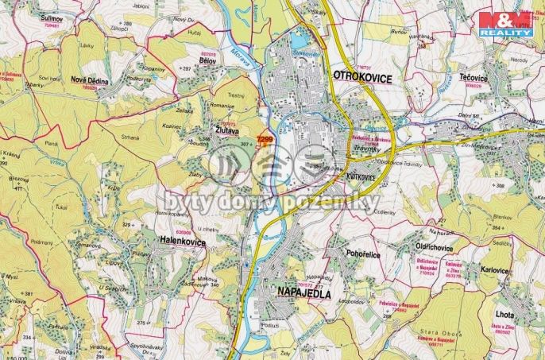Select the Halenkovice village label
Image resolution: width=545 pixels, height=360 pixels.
[x=182, y=242]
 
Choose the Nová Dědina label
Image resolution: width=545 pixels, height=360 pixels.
[x=89, y=79]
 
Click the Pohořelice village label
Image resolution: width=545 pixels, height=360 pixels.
[x=343, y=254]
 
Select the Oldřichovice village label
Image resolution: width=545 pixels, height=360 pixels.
[x=435, y=247]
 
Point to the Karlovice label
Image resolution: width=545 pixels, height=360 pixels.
[x=494, y=270]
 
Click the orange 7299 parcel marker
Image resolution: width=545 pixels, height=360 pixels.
[x=265, y=140]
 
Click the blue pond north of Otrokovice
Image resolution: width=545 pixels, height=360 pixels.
[x=300, y=38]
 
